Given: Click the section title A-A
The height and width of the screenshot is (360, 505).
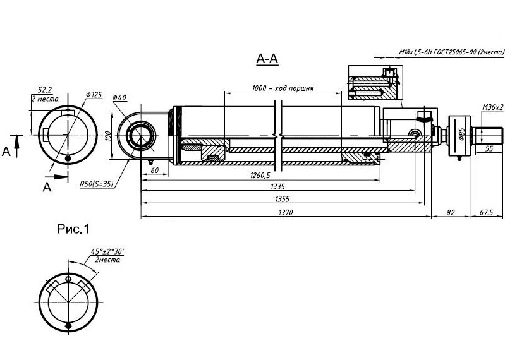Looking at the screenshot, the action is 267,59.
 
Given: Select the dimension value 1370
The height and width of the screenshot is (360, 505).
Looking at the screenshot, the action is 286,212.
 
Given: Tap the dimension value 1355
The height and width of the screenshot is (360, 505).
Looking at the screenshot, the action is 282,199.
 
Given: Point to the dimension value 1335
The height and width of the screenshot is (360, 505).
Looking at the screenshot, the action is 277,186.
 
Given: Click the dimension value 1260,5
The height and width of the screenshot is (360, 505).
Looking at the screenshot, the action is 260,175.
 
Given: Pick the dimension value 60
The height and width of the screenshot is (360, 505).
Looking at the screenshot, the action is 155,170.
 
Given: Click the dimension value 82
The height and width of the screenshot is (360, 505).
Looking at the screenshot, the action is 451,212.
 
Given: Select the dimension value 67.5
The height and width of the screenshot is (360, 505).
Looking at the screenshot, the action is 486,212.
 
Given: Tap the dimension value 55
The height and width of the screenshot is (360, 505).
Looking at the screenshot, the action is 489,148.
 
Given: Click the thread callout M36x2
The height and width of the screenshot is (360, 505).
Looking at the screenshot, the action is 492,107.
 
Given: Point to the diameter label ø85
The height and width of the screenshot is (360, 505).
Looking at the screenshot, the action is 462,134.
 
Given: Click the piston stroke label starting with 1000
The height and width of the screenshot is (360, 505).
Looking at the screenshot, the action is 283,88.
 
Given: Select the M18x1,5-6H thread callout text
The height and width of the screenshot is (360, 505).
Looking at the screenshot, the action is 451,52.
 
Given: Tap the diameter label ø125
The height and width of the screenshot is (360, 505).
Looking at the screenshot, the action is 94,95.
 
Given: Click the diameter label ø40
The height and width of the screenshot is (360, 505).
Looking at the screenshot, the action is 119,97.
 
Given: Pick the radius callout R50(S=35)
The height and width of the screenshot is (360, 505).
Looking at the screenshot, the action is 97,184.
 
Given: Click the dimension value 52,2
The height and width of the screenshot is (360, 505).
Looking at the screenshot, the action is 44,90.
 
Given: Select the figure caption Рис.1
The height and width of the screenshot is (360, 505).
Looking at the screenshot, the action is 73,229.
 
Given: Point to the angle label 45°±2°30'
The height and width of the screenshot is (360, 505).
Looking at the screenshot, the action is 107,251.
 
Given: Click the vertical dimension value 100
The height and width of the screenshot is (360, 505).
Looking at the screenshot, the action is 109,135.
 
